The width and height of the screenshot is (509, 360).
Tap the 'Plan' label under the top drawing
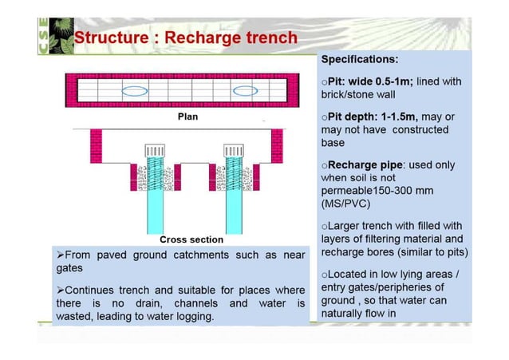[187, 117]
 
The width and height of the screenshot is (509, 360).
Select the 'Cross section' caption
[191, 239]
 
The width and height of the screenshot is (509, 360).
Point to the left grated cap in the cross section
[155, 150]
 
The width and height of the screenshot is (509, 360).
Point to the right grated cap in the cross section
[233, 150]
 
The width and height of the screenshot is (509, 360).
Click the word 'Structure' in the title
[112, 38]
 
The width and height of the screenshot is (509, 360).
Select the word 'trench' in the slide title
[269, 38]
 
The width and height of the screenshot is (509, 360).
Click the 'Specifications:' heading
[360, 59]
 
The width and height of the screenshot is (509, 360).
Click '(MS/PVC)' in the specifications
[346, 204]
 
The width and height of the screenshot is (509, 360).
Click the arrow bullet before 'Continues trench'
[61, 290]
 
